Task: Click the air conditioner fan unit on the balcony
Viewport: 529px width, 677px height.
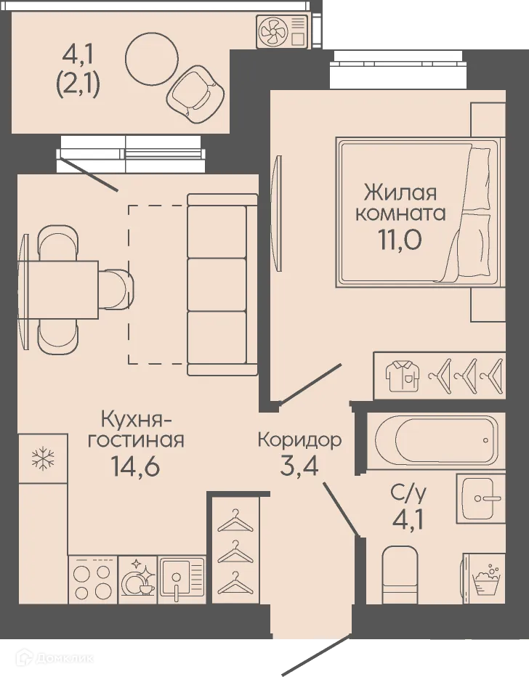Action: (x=283, y=31)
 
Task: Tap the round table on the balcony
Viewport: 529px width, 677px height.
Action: (x=151, y=60)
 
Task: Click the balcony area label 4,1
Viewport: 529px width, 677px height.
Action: (x=78, y=53)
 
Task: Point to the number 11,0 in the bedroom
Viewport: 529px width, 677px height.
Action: (x=399, y=238)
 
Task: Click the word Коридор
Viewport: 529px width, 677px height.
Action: (x=299, y=439)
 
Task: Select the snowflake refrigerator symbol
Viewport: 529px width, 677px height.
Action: (x=42, y=458)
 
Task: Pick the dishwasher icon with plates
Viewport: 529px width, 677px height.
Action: (x=137, y=580)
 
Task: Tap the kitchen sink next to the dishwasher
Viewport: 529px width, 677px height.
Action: (x=177, y=580)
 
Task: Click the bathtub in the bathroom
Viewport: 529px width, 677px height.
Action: (x=435, y=440)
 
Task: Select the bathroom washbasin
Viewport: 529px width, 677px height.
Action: (x=480, y=498)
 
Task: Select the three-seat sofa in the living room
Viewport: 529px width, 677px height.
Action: (x=222, y=284)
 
